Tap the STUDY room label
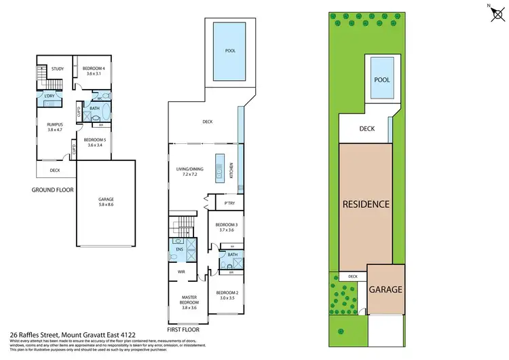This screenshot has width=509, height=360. point(57,69)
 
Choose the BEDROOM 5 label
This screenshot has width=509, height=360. point(92,142)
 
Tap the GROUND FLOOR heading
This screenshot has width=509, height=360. point(52,190)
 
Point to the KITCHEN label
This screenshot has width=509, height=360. point(231,170)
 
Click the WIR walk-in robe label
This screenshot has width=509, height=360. point(181,272)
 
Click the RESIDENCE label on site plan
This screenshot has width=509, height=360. point(365,204)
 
